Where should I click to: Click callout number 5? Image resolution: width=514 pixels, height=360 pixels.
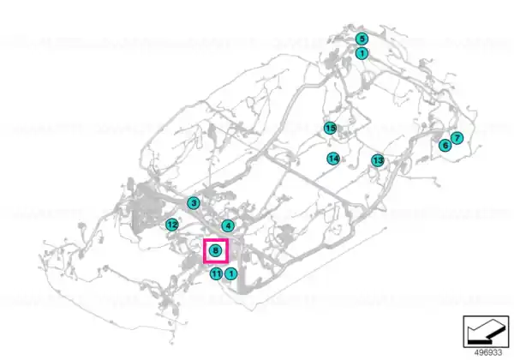click(362, 39)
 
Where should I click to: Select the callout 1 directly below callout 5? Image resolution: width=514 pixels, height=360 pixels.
click(362, 53)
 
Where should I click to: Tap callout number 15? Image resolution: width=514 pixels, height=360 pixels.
click(330, 128)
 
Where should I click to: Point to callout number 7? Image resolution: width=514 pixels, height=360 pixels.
click(457, 138)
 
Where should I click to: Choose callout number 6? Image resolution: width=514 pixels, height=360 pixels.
click(445, 145)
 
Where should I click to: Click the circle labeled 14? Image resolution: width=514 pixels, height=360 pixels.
click(333, 159)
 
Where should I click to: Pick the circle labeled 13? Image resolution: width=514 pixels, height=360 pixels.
click(378, 160)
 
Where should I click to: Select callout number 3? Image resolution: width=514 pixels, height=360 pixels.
click(194, 203)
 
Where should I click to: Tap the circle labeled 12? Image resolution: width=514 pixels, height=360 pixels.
click(172, 225)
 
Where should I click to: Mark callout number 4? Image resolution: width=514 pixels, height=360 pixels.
click(228, 225)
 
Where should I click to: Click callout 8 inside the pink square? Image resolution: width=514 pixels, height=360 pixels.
click(215, 251)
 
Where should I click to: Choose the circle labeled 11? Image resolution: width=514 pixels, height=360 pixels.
click(216, 273)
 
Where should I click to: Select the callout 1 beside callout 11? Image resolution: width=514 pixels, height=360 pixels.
click(231, 273)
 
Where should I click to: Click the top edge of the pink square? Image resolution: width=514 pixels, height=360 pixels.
click(216, 239)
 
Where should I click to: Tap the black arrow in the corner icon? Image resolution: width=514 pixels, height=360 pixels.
click(485, 332)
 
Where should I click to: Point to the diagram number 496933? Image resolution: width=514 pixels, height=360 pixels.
click(488, 352)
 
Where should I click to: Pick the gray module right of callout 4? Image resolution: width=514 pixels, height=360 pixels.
click(284, 233)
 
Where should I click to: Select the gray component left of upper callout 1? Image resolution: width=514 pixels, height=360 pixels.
click(332, 60)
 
